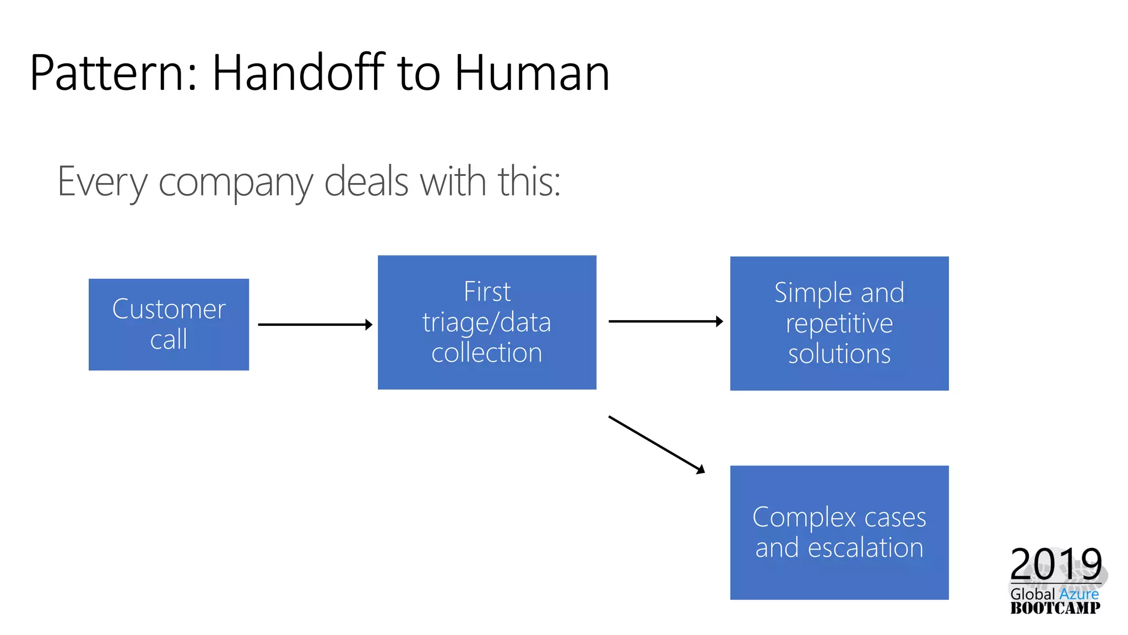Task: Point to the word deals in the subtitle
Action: (366, 182)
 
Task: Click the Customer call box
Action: (169, 324)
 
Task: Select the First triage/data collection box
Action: (487, 322)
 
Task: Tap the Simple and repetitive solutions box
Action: (839, 324)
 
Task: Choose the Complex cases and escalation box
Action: (839, 532)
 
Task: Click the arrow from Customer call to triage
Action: (314, 325)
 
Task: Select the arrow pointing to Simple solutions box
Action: (665, 321)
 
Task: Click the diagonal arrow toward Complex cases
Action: (656, 444)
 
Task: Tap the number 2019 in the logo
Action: (1055, 563)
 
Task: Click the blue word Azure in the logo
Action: (1078, 594)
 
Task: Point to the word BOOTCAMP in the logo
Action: (1055, 608)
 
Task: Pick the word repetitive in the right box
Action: (839, 324)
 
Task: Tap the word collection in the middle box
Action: (487, 353)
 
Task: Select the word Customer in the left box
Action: (169, 309)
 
